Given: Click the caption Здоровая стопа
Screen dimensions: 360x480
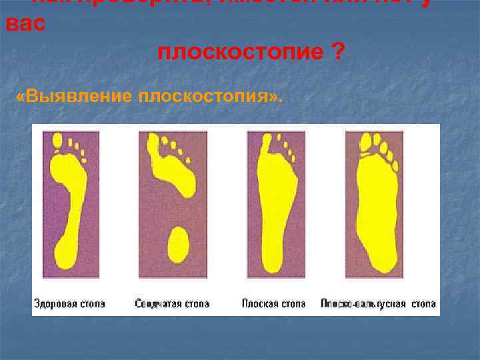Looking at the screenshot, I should [70, 304].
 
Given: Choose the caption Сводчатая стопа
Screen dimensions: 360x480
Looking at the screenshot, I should [172, 304].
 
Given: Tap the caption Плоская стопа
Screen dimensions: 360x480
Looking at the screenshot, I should [274, 304].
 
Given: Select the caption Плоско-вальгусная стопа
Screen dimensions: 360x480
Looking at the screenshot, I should [378, 304].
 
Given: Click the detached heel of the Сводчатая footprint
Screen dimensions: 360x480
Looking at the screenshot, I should [178, 245].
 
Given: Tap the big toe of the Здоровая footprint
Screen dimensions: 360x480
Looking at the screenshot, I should [56, 141].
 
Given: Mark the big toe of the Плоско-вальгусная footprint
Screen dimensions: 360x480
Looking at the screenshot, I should [365, 141].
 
